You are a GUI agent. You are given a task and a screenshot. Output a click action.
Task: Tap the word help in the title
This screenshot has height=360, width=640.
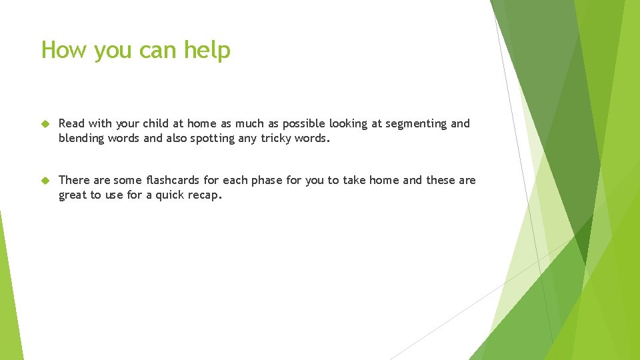point(207,51)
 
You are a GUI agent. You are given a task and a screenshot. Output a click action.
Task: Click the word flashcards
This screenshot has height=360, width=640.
point(172,181)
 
